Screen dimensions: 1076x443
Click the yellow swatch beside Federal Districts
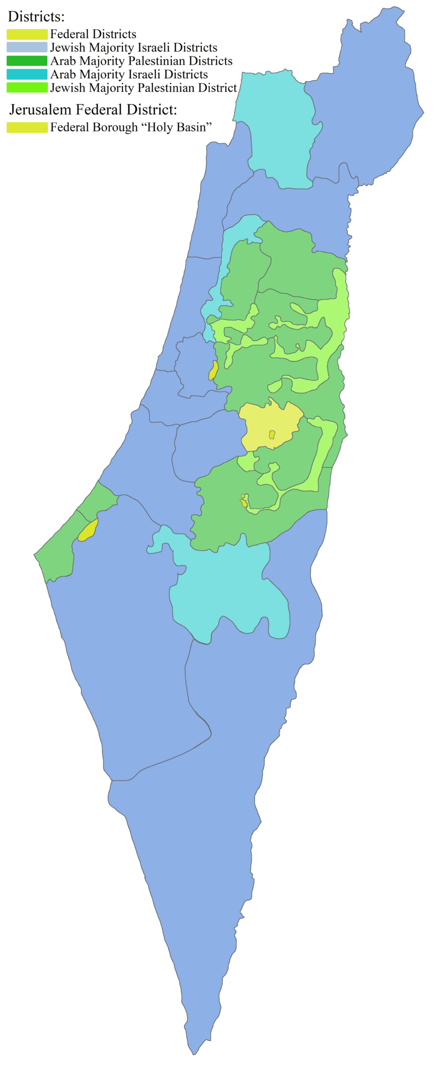coord(27,35)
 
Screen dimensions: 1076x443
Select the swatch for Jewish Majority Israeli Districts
coord(27,48)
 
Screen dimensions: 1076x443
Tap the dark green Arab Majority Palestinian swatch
coord(27,61)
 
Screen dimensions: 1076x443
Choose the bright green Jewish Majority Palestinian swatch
coord(27,88)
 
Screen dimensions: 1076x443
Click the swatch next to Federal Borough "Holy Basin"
coord(27,127)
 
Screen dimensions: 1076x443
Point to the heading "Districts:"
coord(36,17)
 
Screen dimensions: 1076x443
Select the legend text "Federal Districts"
coord(93,35)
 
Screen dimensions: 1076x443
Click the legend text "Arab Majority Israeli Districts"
coord(129,75)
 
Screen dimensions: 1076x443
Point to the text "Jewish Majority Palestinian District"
coord(143,88)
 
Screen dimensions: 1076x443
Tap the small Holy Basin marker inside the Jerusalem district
coord(272,434)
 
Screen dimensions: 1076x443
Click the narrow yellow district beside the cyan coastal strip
coord(213,370)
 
